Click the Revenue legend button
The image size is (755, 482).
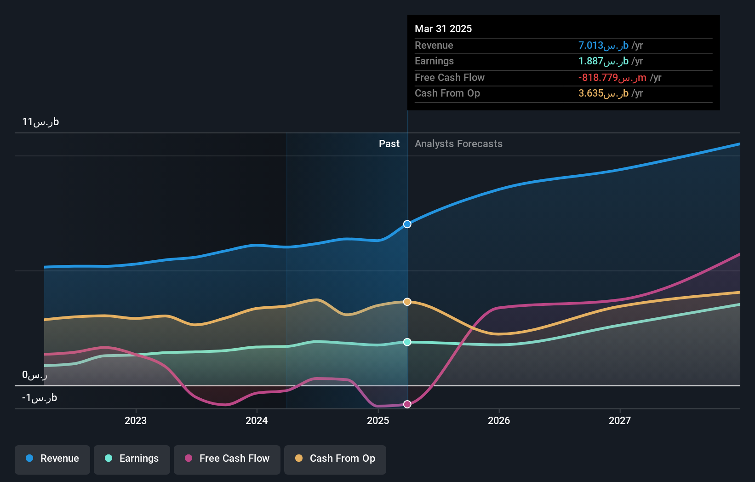coord(52,459)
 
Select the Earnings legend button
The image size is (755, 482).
coord(132,459)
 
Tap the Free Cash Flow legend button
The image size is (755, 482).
coord(227,459)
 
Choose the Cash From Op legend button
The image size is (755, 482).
coord(335,459)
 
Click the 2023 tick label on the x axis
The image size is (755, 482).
coord(136,421)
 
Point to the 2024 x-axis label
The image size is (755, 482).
coord(257,421)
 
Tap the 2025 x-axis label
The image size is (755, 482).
coord(378,421)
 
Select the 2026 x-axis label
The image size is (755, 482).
coord(499,421)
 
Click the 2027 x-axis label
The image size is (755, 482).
coord(620,421)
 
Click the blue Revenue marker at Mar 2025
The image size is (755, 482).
coord(407,224)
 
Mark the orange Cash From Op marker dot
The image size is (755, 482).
coord(407,302)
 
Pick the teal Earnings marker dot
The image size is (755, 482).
coord(407,342)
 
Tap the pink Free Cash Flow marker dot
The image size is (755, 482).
coord(407,404)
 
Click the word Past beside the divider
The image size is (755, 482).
coord(389,144)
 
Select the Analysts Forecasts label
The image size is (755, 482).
coord(458,144)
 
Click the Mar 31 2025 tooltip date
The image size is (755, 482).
coord(443,29)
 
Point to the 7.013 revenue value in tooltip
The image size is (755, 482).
coord(603,46)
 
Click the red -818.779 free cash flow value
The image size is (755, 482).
coord(612,78)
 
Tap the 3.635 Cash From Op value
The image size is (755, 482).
coord(603,93)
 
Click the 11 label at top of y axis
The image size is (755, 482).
coord(40,122)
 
